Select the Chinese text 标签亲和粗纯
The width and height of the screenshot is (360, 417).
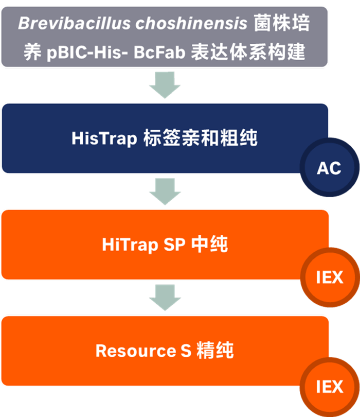pyautogui.click(x=199, y=138)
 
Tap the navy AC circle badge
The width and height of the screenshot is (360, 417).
pyautogui.click(x=329, y=168)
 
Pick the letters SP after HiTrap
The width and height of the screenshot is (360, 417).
pyautogui.click(x=175, y=245)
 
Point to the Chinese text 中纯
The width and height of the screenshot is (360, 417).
pyautogui.click(x=209, y=245)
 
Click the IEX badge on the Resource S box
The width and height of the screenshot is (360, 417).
pyautogui.click(x=329, y=386)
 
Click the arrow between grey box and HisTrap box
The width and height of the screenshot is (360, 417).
pyautogui.click(x=165, y=84)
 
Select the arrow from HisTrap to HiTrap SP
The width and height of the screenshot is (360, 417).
pyautogui.click(x=165, y=192)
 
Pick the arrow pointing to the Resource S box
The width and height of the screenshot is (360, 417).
pyautogui.click(x=165, y=298)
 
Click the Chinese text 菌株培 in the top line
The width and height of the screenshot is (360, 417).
pyautogui.click(x=282, y=24)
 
